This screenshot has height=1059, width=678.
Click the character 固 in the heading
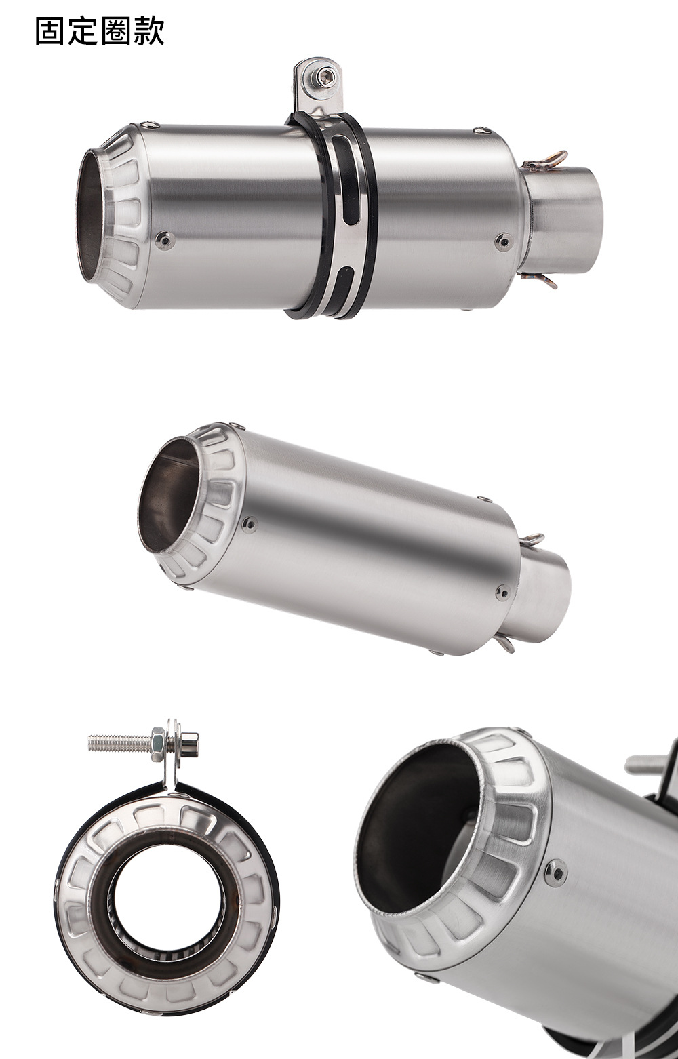(x=51, y=32)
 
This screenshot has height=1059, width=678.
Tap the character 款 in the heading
(x=148, y=32)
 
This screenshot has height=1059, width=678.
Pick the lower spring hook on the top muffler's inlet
(x=540, y=280)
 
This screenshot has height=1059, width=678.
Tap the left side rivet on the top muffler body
(x=165, y=240)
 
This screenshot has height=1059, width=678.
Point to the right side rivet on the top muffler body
(x=504, y=241)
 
